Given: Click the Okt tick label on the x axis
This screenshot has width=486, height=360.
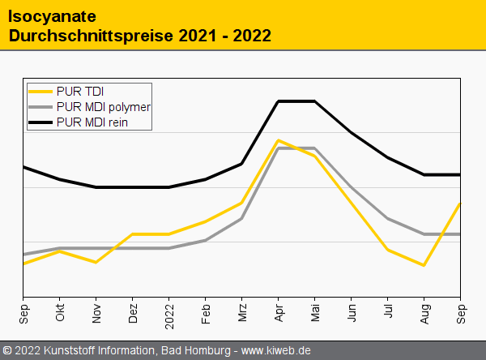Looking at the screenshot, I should [60, 314].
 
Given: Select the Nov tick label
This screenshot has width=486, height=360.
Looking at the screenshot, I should [96, 314].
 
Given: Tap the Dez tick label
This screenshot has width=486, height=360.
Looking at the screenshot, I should [133, 314].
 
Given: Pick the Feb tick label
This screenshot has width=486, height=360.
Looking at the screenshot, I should [206, 314].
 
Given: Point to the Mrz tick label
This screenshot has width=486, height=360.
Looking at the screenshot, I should [242, 313].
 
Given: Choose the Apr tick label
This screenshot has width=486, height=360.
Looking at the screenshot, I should [279, 314].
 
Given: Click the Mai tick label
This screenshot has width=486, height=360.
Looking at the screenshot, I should [315, 313].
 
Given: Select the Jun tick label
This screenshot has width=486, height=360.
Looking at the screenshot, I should [352, 314].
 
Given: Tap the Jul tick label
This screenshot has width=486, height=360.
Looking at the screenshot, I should [388, 312].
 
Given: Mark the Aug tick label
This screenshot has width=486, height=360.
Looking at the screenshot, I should [424, 314].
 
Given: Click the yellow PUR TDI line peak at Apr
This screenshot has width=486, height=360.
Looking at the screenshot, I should [279, 140].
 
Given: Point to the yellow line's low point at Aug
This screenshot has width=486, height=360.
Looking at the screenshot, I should [424, 265].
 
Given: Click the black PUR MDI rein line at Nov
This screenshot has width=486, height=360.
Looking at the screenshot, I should [96, 187].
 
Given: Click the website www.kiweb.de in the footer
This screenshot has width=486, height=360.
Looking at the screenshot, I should [276, 350].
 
